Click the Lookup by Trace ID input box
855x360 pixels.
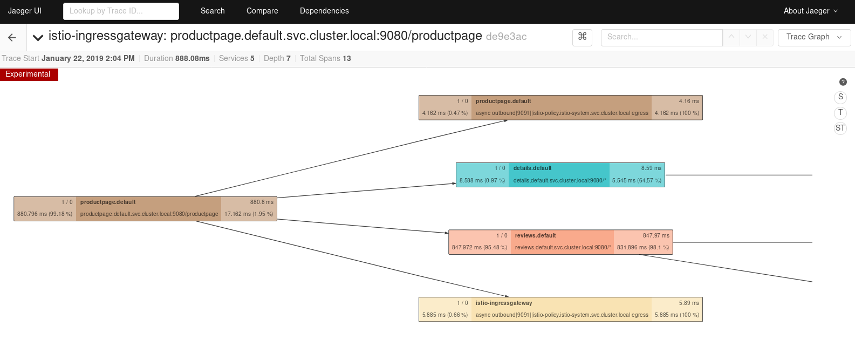click(121, 11)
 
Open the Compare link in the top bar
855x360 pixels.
click(262, 11)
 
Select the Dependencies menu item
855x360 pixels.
click(324, 11)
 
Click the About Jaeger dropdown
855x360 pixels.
click(810, 11)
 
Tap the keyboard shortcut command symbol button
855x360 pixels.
click(582, 37)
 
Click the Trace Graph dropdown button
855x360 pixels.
click(814, 37)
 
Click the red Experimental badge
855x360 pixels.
click(29, 74)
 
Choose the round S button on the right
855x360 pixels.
click(840, 97)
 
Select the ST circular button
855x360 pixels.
click(840, 128)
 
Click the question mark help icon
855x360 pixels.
click(843, 82)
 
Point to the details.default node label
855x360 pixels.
click(532, 168)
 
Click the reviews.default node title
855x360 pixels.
click(535, 236)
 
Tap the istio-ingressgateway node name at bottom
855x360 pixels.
click(503, 303)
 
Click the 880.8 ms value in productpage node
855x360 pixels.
click(262, 202)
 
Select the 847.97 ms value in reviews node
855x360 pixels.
click(655, 236)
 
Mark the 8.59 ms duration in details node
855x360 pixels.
click(651, 168)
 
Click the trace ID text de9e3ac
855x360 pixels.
click(506, 37)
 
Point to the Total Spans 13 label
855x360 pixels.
click(325, 58)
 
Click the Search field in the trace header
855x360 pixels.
click(661, 37)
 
